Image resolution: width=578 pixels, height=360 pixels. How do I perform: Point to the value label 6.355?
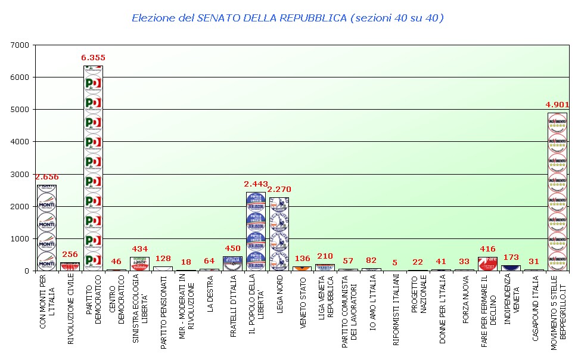[93, 58]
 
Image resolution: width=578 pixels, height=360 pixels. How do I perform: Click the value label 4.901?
[557, 105]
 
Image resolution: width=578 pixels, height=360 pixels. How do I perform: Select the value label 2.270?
[279, 190]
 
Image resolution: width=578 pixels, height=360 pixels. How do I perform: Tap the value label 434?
[139, 249]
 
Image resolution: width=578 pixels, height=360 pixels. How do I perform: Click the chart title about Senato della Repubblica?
[288, 18]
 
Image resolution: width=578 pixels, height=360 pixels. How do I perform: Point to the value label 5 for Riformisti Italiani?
[394, 263]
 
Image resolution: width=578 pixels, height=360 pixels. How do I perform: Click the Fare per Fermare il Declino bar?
[487, 264]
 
